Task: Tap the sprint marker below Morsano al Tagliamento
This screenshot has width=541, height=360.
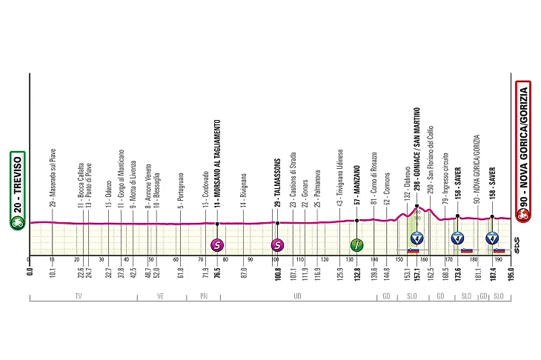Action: point(217,245)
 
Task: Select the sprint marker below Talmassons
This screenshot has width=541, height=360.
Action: point(277,245)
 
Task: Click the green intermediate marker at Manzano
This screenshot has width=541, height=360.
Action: point(356,245)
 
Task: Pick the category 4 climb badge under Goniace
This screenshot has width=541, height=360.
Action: point(416,238)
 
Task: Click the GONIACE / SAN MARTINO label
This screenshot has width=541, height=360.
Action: point(416,156)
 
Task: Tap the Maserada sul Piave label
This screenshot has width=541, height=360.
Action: point(53,178)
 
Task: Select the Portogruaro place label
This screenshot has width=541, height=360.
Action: point(180,190)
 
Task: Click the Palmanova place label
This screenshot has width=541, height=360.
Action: point(317,188)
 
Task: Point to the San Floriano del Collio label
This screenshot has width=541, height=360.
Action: point(430,164)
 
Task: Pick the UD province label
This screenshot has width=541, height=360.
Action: point(297,296)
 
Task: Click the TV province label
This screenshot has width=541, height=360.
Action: point(79,296)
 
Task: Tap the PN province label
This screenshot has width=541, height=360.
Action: point(204,296)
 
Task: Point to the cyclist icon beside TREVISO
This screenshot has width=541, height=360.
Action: point(17,223)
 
